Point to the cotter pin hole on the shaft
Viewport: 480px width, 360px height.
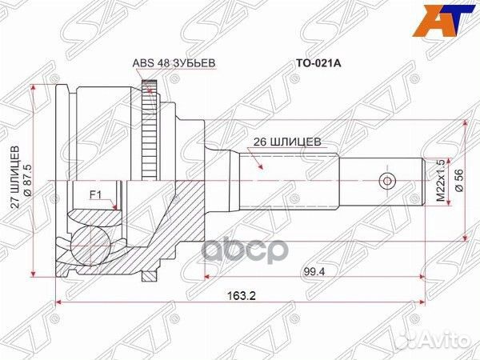point(386,179)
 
